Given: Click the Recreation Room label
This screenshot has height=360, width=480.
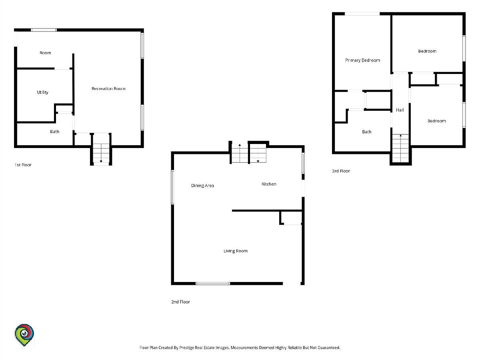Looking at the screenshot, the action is pyautogui.click(x=108, y=88).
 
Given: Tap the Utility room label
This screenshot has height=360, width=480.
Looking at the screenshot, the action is pyautogui.click(x=43, y=92).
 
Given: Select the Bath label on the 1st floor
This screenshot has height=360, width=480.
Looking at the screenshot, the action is pyautogui.click(x=55, y=132).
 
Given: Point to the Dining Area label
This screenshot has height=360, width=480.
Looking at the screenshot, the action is pyautogui.click(x=202, y=186).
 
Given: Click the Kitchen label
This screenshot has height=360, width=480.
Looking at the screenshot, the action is pyautogui.click(x=269, y=184).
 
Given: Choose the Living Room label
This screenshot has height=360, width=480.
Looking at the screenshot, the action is pyautogui.click(x=236, y=251).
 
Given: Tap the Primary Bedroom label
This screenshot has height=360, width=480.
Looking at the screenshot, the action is pyautogui.click(x=362, y=60).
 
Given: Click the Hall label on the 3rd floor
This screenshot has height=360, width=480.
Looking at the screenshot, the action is pyautogui.click(x=400, y=110).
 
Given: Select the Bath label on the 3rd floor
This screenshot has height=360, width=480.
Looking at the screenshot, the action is pyautogui.click(x=367, y=132).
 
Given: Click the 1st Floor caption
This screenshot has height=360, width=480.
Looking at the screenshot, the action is pyautogui.click(x=23, y=165).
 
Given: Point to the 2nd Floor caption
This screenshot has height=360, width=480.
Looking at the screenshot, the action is pyautogui.click(x=181, y=302).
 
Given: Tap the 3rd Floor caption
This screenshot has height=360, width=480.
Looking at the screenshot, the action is pyautogui.click(x=341, y=171).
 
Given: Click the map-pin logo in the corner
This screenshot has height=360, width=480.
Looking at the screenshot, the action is pyautogui.click(x=24, y=335).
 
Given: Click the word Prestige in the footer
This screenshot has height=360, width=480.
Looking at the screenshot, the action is pyautogui.click(x=186, y=348).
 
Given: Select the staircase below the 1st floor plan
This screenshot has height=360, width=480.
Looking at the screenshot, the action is pyautogui.click(x=101, y=153).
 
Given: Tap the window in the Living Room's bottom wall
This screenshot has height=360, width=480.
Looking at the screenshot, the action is pyautogui.click(x=213, y=284).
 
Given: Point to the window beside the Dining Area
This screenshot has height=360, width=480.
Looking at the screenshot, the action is pyautogui.click(x=172, y=187).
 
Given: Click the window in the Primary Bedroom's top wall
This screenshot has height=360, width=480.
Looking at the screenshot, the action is pyautogui.click(x=362, y=14).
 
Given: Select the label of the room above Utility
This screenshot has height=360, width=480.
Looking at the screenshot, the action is pyautogui.click(x=45, y=53).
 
